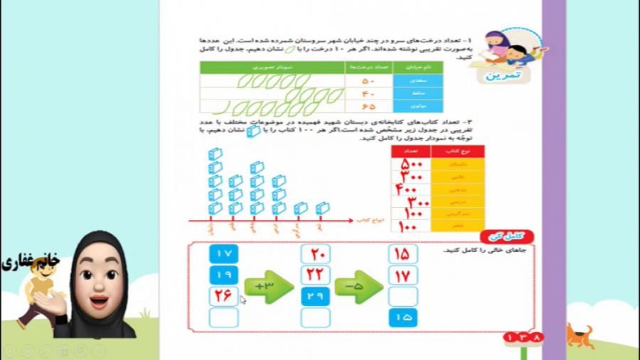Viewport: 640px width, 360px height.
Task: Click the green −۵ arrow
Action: coord(358,286)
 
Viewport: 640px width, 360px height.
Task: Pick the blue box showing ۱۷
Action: coord(224,254)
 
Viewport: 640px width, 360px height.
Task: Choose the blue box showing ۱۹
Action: coord(224,275)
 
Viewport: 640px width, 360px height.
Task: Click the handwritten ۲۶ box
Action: coord(224,297)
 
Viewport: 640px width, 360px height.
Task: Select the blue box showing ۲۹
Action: coord(315,297)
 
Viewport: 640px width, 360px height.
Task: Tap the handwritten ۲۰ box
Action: coord(315,254)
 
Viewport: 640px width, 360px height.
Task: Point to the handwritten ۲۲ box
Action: coord(315,275)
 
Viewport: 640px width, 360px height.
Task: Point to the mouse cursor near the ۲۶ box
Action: coord(242,300)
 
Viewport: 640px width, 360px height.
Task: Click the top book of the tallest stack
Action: coord(214,154)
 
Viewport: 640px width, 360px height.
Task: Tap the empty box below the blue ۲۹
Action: coord(315,318)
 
